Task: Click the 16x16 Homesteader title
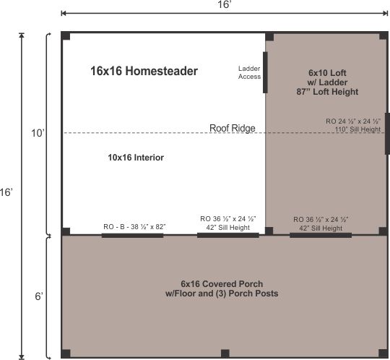pyautogui.click(x=144, y=71)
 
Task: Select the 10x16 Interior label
pyautogui.click(x=136, y=157)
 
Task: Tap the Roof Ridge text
pyautogui.click(x=232, y=128)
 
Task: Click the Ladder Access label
pyautogui.click(x=249, y=72)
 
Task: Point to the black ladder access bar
pyautogui.click(x=264, y=72)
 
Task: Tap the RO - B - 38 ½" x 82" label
pyautogui.click(x=134, y=227)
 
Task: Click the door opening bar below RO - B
pyautogui.click(x=132, y=235)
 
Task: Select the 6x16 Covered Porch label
pyautogui.click(x=222, y=288)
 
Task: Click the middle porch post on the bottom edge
pyautogui.click(x=225, y=353)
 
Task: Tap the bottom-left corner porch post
pyautogui.click(x=66, y=353)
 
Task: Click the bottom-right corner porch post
pyautogui.click(x=381, y=353)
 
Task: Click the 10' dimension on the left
pyautogui.click(x=38, y=133)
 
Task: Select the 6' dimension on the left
pyautogui.click(x=38, y=296)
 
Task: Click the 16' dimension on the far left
pyautogui.click(x=6, y=194)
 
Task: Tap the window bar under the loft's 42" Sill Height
pyautogui.click(x=321, y=235)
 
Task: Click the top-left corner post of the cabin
pyautogui.click(x=66, y=36)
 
